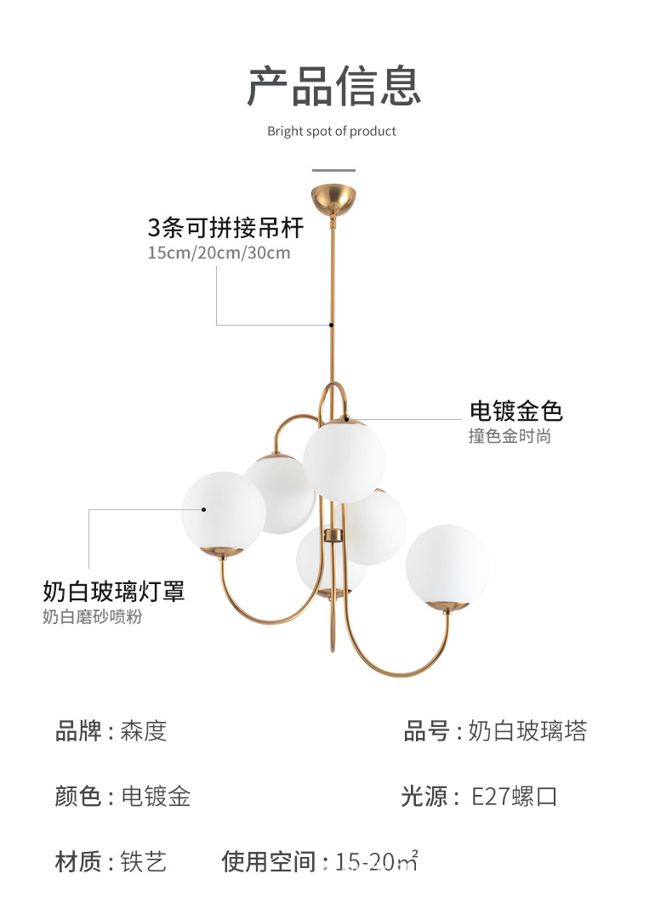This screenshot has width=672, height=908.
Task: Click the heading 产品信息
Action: (334, 86)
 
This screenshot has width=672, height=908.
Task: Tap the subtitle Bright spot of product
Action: (332, 131)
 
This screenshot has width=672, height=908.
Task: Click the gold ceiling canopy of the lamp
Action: (334, 199)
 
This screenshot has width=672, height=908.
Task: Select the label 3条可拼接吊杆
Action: (225, 228)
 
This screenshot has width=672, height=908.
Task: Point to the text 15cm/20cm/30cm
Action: (219, 253)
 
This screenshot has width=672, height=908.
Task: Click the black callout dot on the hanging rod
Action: (333, 324)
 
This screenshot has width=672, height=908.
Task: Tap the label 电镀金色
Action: (516, 411)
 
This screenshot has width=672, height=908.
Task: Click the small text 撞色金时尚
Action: (510, 437)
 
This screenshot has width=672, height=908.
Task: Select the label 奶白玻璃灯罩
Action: (114, 591)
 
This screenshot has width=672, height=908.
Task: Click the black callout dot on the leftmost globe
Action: (204, 509)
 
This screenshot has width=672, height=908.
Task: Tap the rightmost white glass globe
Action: (447, 564)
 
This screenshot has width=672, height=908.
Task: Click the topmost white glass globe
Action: (344, 460)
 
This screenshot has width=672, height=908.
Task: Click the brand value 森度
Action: (144, 731)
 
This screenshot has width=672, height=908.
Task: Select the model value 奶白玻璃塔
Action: (527, 731)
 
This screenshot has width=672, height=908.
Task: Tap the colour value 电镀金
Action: (156, 797)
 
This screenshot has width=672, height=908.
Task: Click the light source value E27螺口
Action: (515, 797)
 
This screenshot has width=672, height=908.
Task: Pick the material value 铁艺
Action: (144, 862)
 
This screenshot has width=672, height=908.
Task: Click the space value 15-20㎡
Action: (378, 862)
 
